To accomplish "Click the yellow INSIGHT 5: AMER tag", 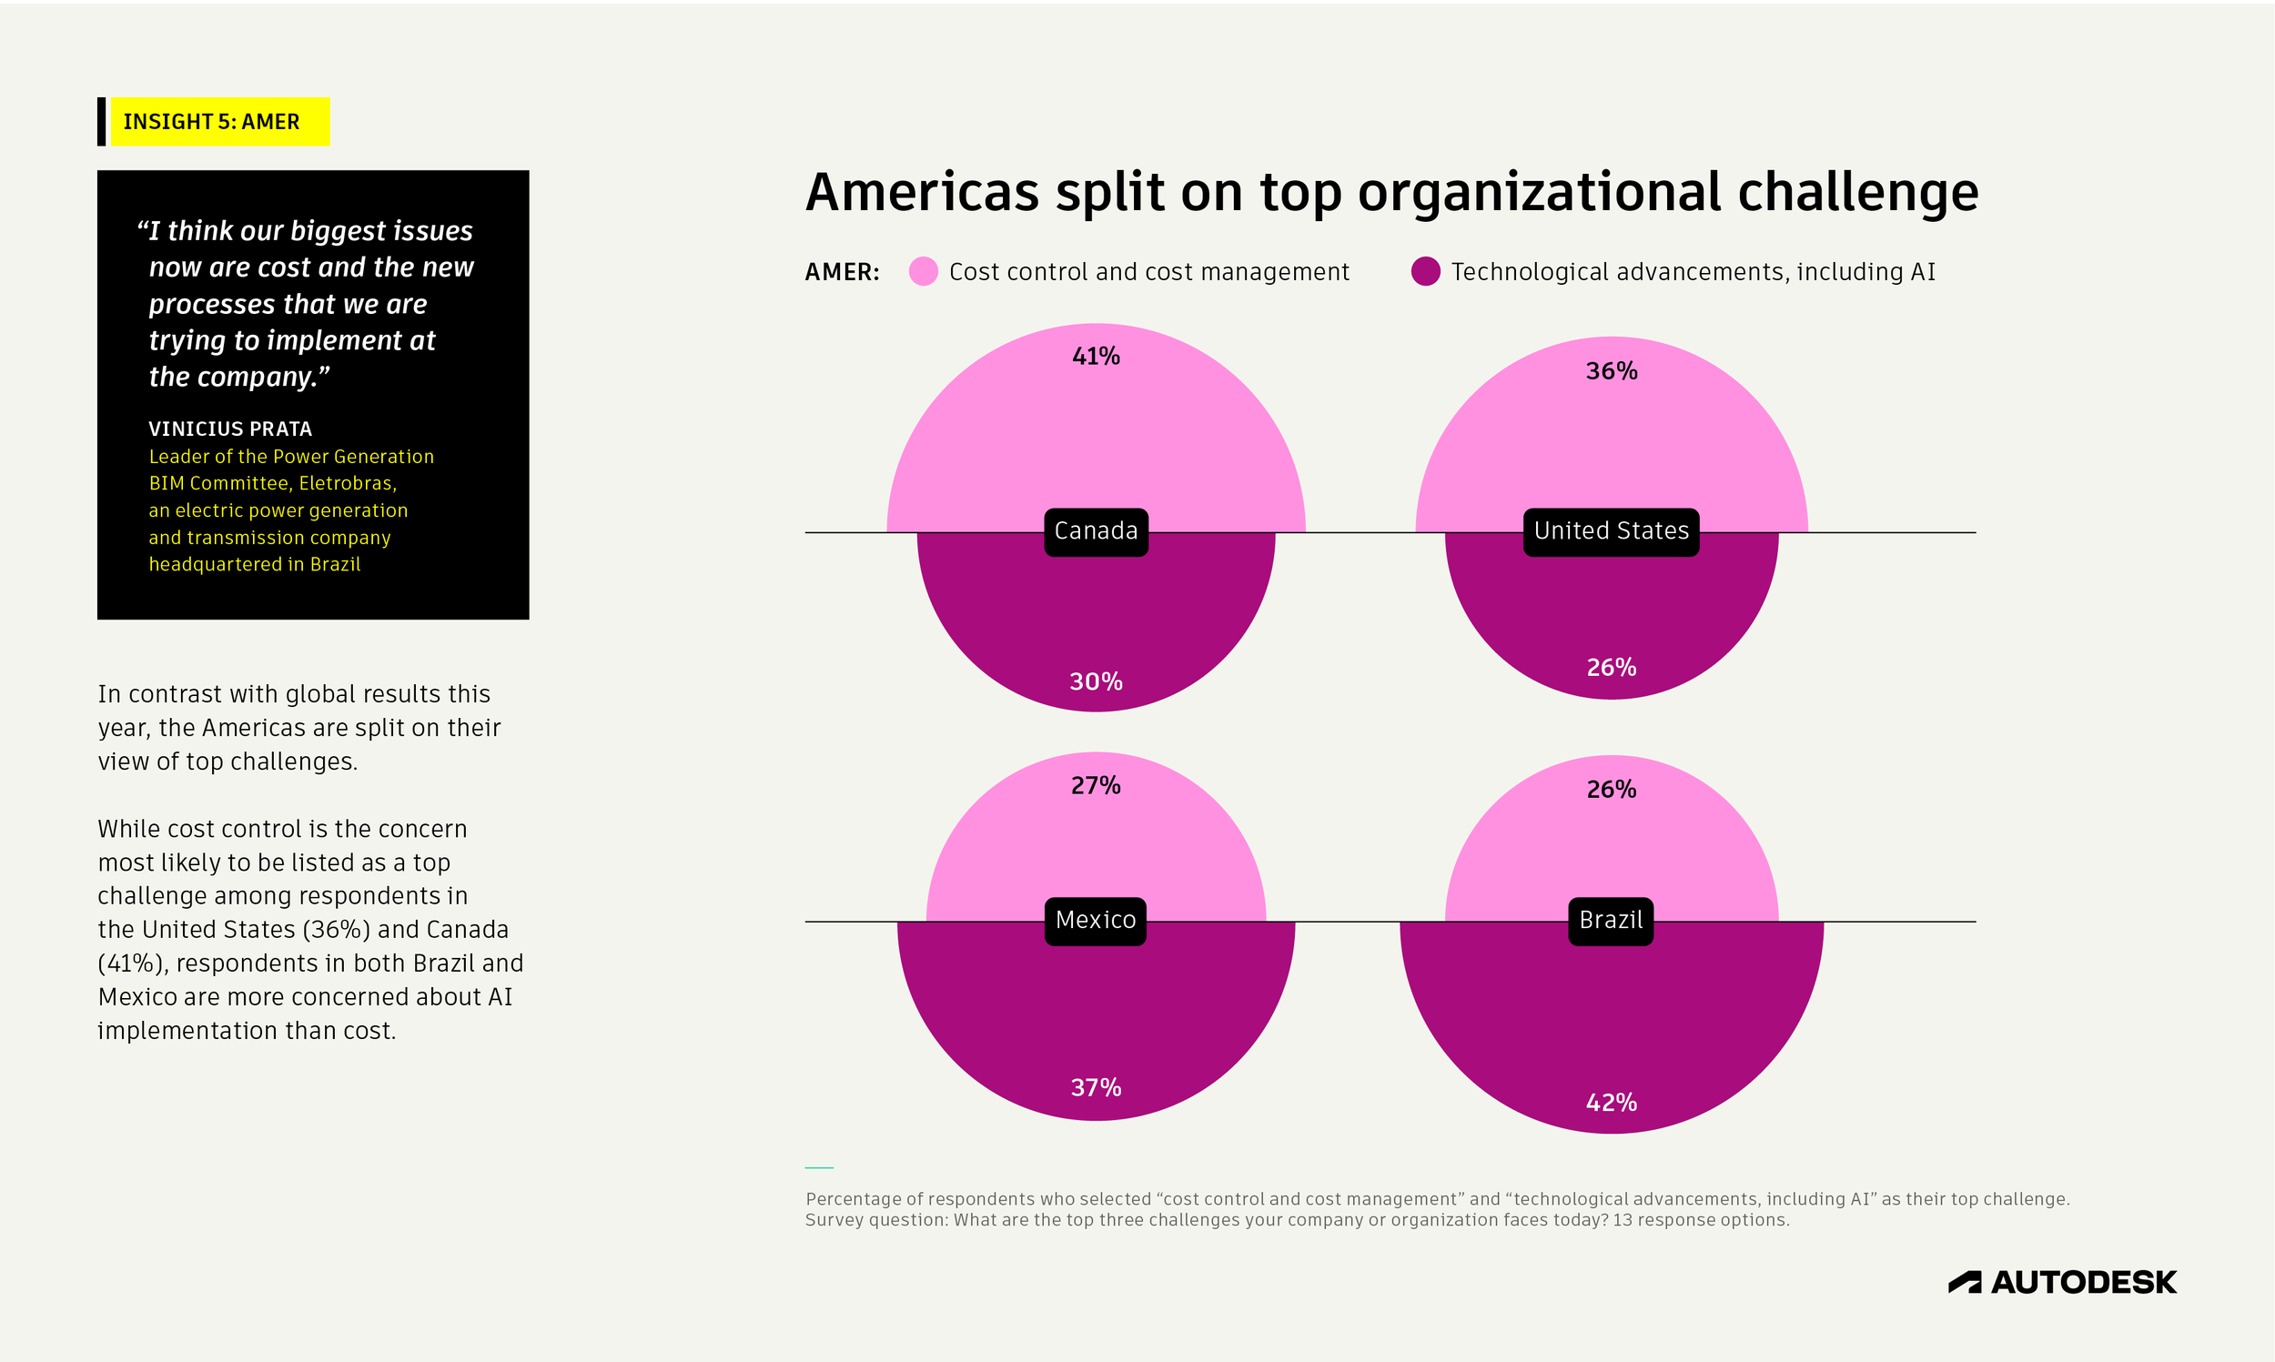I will tap(219, 121).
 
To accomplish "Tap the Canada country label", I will tap(1096, 531).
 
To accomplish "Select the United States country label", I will tap(1611, 531).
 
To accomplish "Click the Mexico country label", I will tap(1095, 921).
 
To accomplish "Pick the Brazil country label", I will tap(1611, 921).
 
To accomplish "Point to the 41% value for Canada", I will tap(1096, 356).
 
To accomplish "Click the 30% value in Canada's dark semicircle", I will tap(1096, 681).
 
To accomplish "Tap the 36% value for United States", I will tap(1612, 371).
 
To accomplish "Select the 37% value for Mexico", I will tap(1096, 1087).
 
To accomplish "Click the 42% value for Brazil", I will tap(1612, 1103).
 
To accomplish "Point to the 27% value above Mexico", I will tap(1096, 785).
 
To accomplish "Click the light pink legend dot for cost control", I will tap(924, 272).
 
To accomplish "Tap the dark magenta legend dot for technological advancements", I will tap(1425, 272).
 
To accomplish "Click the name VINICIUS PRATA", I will tap(230, 429).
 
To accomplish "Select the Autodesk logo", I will tap(2062, 1282).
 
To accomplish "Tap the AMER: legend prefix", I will tap(842, 273).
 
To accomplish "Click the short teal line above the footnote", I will tap(819, 1167).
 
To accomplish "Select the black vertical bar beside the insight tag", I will tap(102, 121).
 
